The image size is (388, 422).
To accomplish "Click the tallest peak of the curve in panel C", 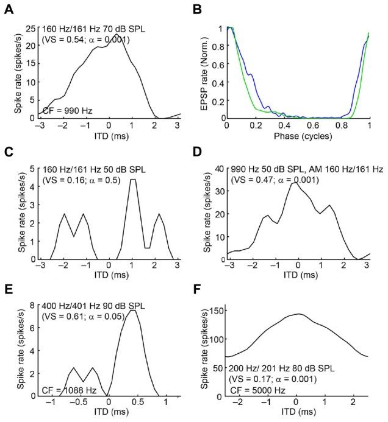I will [x=134, y=180].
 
